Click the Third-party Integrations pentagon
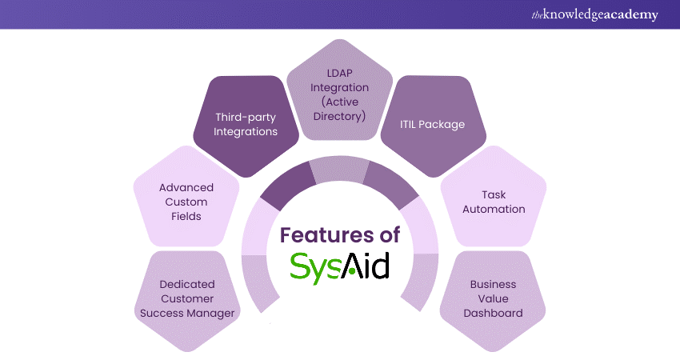[x=246, y=123]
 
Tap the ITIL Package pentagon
[x=433, y=124]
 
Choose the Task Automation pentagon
[x=493, y=202]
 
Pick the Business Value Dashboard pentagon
[x=493, y=298]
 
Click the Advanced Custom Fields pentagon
[x=186, y=202]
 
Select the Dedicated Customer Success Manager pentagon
[x=187, y=298]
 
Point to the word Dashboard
[x=493, y=313]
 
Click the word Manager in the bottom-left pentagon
[x=212, y=313]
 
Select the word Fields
[x=186, y=217]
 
